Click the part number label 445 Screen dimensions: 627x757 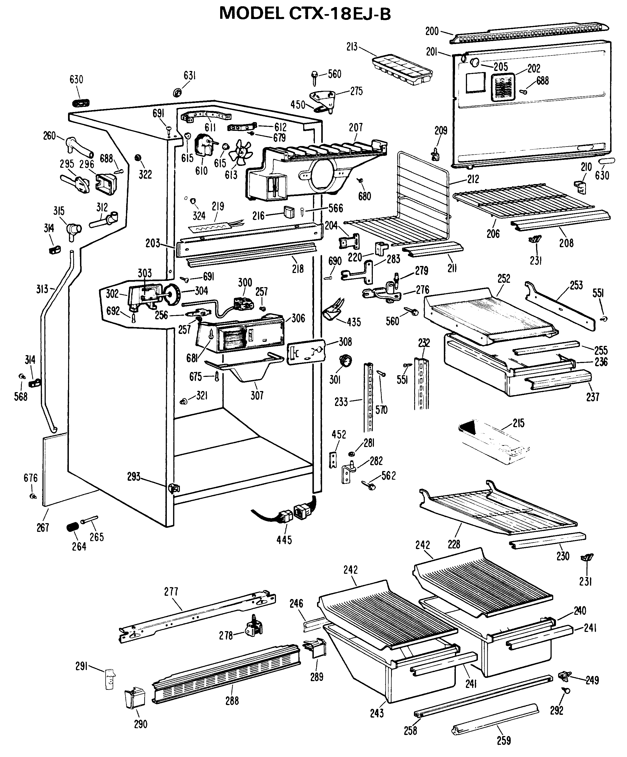[x=284, y=540]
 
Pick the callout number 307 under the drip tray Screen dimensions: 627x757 [x=257, y=395]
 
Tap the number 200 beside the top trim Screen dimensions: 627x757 [x=432, y=31]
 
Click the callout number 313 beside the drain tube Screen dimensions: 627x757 [x=42, y=289]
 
